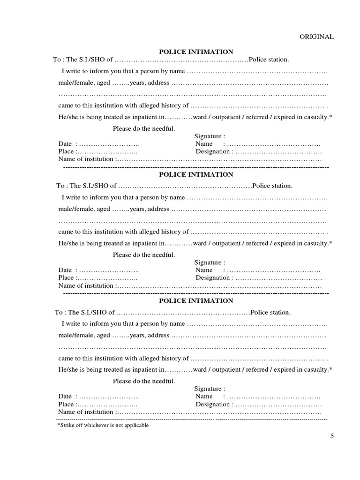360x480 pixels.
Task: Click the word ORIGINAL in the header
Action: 317,37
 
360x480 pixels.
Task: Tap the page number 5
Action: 332,436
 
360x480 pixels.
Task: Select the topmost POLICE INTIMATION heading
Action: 196,52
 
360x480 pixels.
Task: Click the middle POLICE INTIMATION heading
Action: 196,174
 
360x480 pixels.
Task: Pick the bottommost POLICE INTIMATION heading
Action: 196,300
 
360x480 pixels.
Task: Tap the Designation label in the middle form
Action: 213,277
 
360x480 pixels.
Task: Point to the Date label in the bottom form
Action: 65,396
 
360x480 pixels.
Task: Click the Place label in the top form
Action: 66,151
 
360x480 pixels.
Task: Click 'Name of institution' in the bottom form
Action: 86,412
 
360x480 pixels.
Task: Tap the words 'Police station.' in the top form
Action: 269,60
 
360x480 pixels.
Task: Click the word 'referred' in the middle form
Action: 257,243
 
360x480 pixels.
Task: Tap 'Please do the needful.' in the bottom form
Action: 144,381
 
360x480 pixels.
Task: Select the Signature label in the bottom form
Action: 209,389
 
